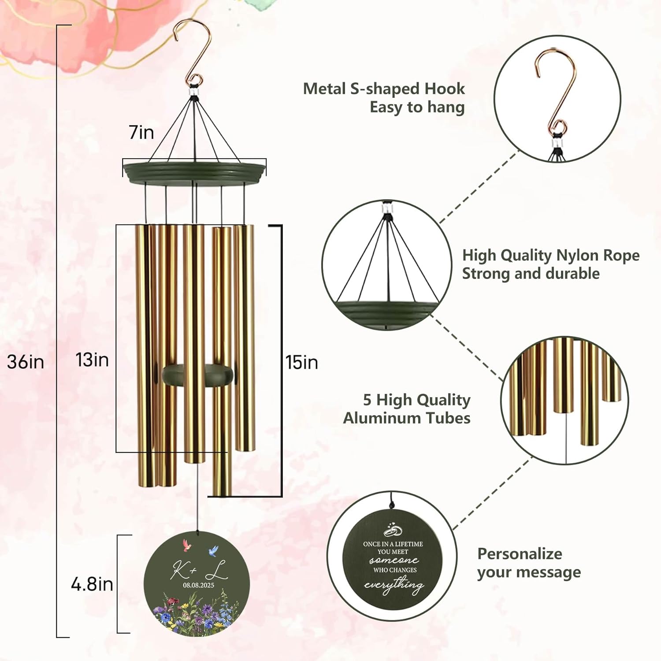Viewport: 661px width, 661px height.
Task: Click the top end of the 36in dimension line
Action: (57, 26)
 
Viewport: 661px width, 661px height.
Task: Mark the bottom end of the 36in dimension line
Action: (57, 637)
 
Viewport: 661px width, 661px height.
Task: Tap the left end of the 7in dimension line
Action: (123, 168)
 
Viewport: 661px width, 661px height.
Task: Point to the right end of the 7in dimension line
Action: (266, 167)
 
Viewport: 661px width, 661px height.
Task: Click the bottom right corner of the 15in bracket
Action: (282, 497)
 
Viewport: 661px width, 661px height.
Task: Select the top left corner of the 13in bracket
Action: (116, 225)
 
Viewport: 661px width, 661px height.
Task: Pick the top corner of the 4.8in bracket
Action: (118, 535)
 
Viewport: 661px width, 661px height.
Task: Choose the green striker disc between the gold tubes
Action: (197, 375)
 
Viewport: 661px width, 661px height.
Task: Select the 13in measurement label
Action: (92, 360)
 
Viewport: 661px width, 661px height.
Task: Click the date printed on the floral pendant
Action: (198, 585)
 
